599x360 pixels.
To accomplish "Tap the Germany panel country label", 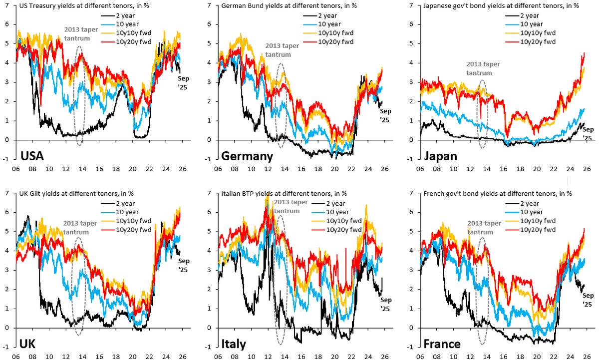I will (247, 156).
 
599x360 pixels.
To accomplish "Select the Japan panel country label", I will (440, 156).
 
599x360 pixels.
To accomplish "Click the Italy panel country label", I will (237, 345).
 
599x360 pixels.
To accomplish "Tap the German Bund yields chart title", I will (273, 6).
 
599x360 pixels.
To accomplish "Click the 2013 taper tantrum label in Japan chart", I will (483, 68).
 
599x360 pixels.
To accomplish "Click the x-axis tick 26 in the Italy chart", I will (384, 356).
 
